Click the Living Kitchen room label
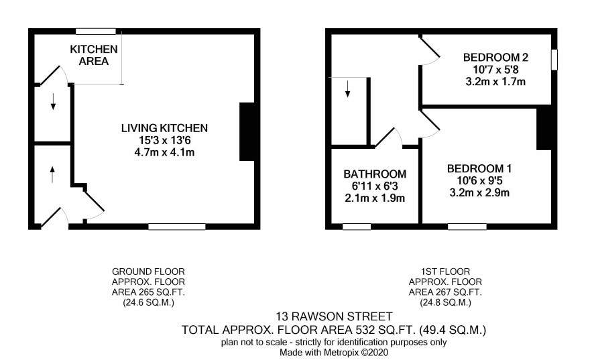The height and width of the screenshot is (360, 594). pos(164,128)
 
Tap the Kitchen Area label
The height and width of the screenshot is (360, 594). pos(94,55)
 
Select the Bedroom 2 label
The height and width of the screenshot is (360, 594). pos(495,58)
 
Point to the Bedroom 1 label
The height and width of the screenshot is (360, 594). pos(479,168)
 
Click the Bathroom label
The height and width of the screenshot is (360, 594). pos(375,174)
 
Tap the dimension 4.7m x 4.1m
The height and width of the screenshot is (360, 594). pos(164,153)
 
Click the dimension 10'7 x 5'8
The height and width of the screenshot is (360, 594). pos(495,70)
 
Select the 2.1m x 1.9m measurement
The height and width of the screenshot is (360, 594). pos(375,198)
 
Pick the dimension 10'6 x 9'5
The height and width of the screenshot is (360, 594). pos(479,180)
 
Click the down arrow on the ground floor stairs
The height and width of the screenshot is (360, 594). pos(53,101)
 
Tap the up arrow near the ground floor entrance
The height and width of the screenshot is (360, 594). pos(52,174)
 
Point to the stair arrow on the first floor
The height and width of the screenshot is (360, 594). pos(347,88)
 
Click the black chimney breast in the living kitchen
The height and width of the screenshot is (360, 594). pos(247,131)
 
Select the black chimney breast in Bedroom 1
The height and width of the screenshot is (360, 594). pos(544,129)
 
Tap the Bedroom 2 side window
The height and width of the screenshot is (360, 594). pos(554,60)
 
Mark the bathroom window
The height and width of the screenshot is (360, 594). pos(357,227)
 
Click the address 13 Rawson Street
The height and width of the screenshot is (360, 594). pos(334,316)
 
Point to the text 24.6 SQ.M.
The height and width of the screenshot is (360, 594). pos(149,303)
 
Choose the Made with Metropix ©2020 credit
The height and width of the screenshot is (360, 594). pos(334,353)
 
